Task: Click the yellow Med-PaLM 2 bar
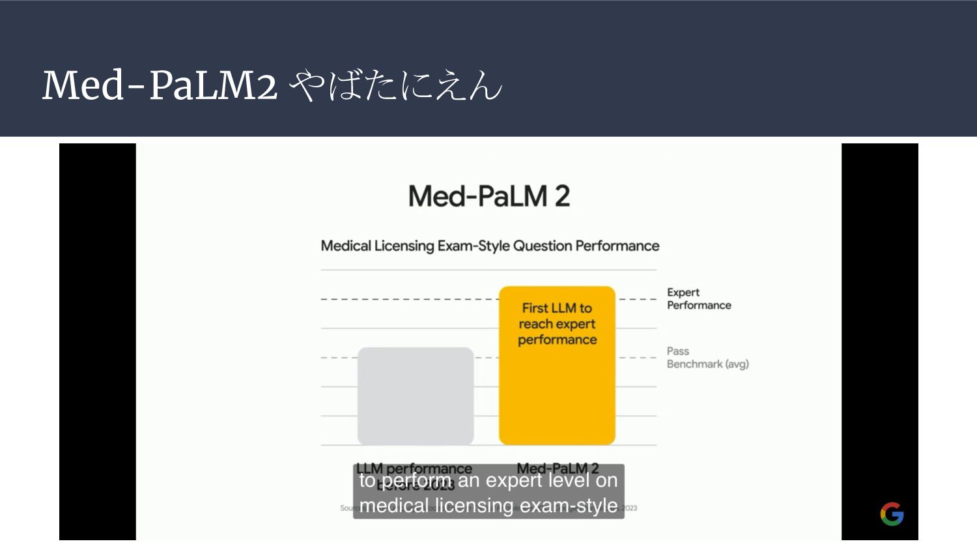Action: pyautogui.click(x=557, y=391)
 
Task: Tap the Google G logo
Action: pyautogui.click(x=892, y=514)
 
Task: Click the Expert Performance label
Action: pyautogui.click(x=698, y=298)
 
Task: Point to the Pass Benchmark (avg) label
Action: pyautogui.click(x=707, y=358)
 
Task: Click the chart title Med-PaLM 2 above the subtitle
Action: pyautogui.click(x=488, y=196)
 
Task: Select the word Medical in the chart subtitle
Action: pyautogui.click(x=346, y=246)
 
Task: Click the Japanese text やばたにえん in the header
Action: pyautogui.click(x=395, y=85)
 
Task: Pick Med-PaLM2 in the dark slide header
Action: pyautogui.click(x=160, y=85)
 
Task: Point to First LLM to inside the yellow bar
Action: pyautogui.click(x=557, y=308)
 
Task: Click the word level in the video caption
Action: pyautogui.click(x=568, y=480)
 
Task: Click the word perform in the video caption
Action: pyautogui.click(x=416, y=481)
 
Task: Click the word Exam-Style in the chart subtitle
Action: pyautogui.click(x=474, y=246)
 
